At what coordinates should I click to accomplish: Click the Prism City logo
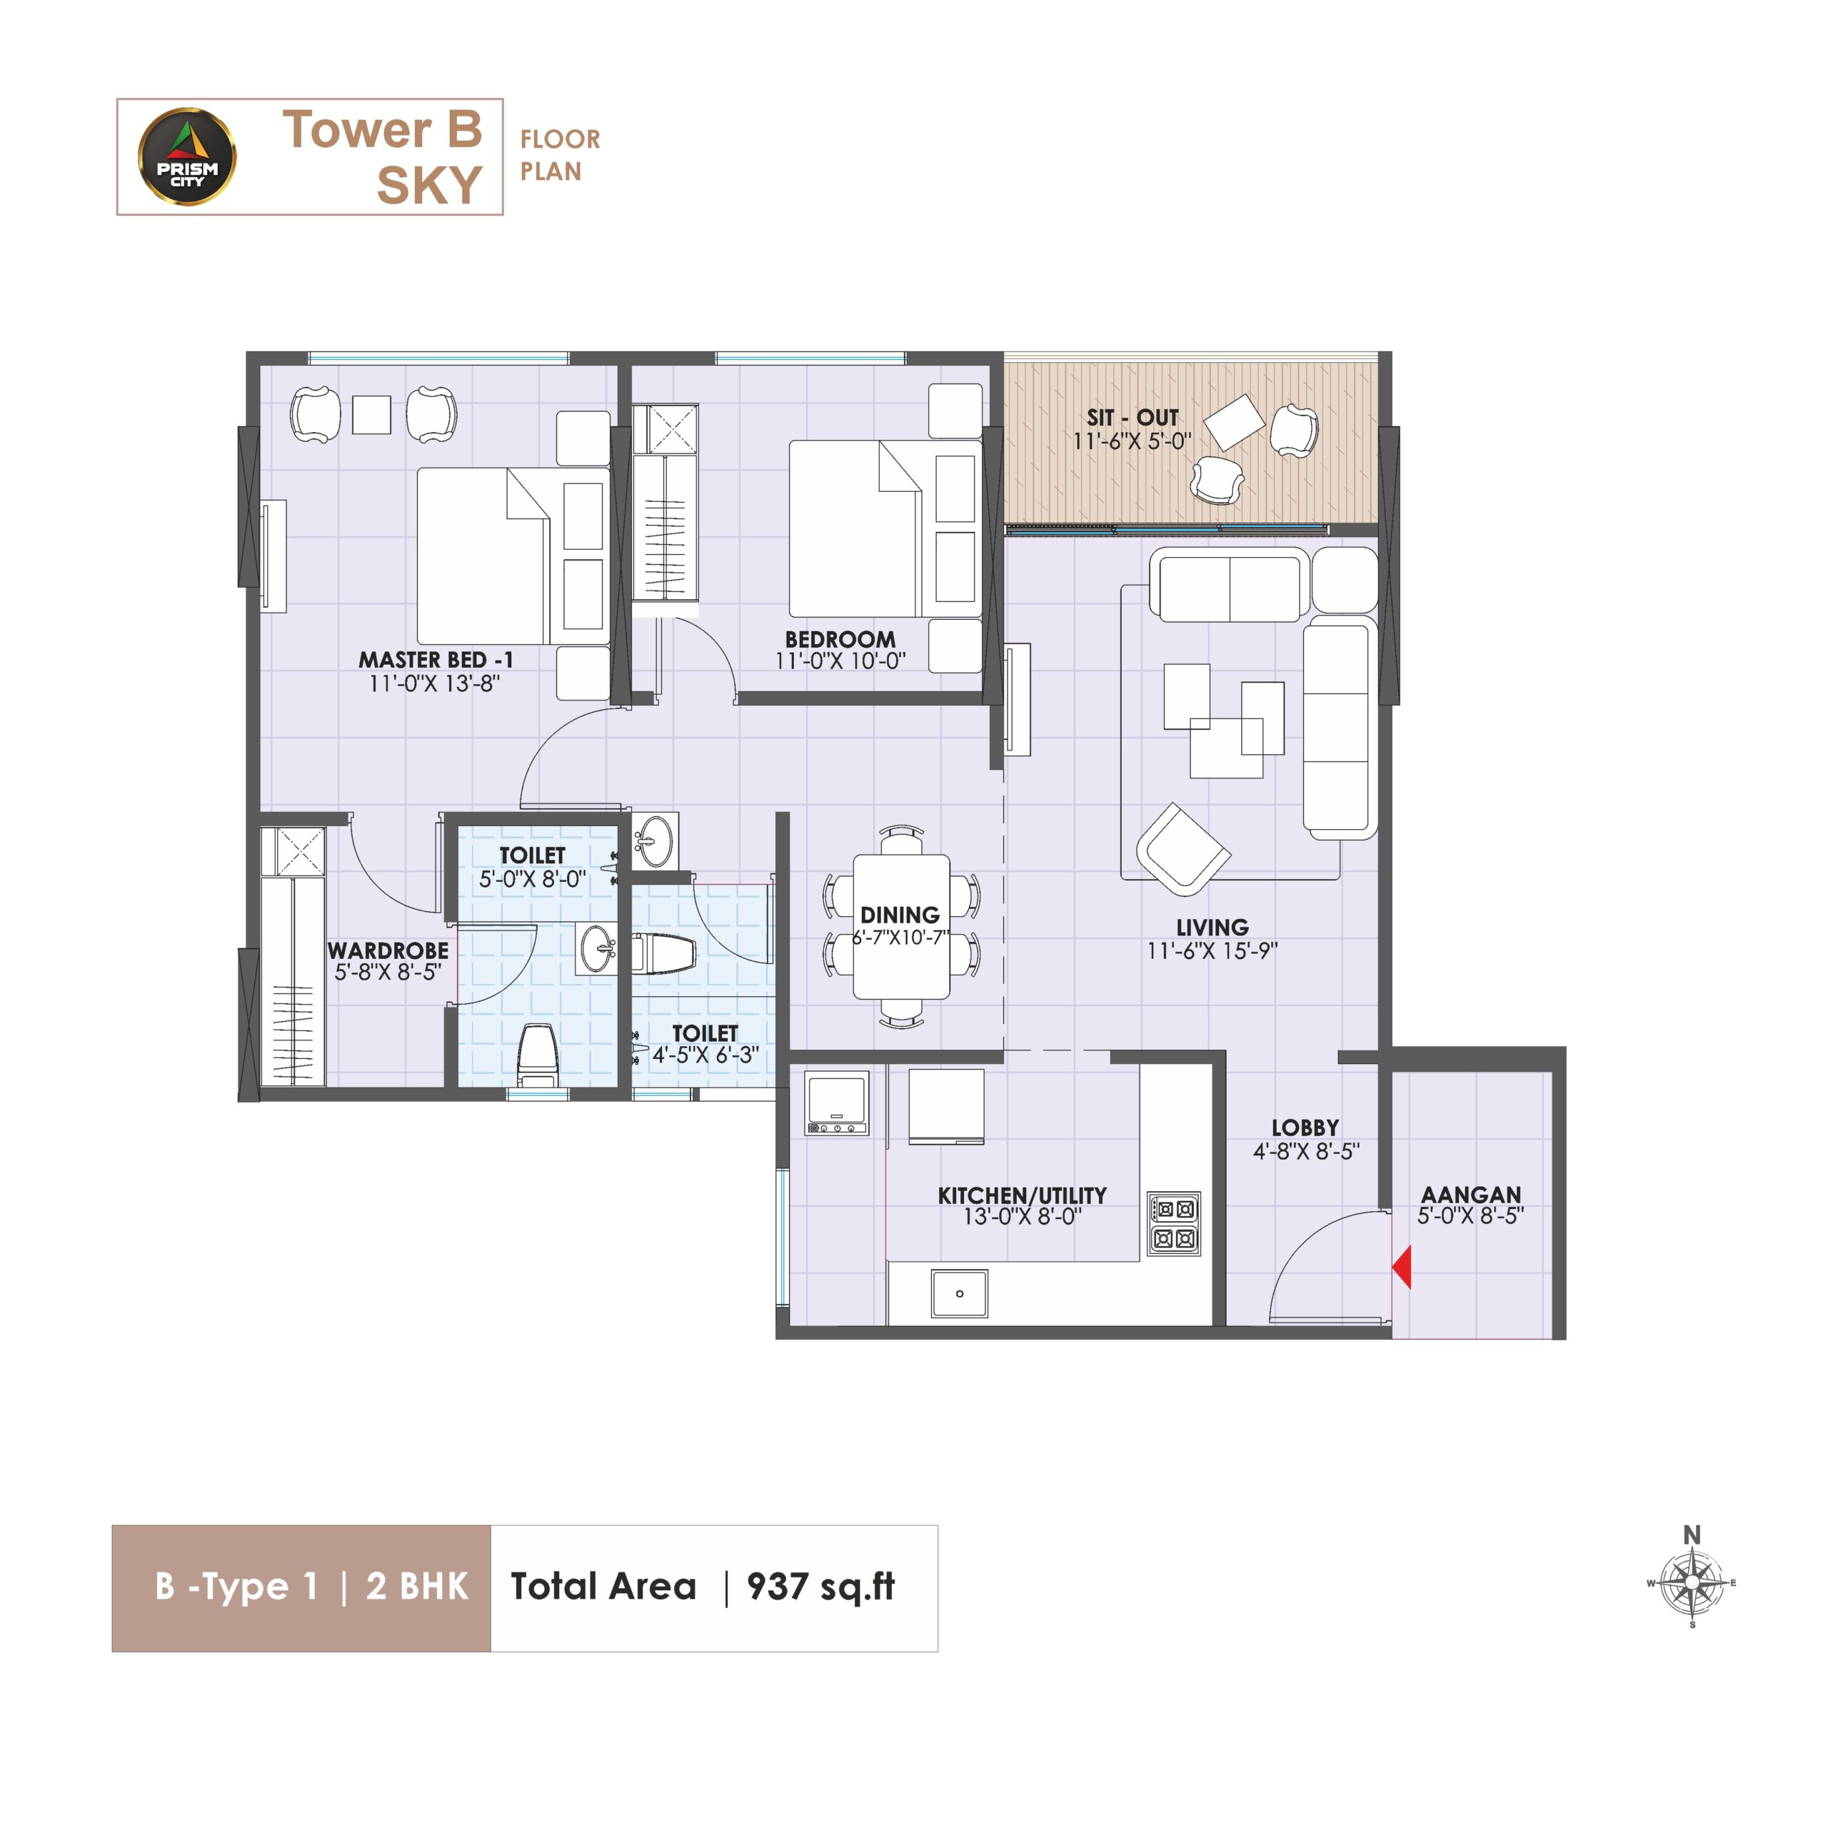click(x=186, y=157)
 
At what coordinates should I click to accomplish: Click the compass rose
click(x=1692, y=1583)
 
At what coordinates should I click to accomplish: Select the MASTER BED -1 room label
click(x=436, y=660)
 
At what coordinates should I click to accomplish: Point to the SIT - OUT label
click(x=1133, y=417)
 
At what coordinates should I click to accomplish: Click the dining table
click(x=902, y=926)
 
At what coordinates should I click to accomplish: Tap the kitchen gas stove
click(x=1174, y=1223)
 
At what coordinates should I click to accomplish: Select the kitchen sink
click(x=960, y=1293)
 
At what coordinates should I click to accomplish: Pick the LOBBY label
click(x=1306, y=1127)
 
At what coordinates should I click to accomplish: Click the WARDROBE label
click(x=388, y=950)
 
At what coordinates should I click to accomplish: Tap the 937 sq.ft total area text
click(x=820, y=1587)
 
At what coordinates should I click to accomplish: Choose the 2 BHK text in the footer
click(x=417, y=1587)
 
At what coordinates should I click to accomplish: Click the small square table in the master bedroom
click(x=372, y=414)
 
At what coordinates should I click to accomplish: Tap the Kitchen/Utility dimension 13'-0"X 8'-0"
click(x=1022, y=1217)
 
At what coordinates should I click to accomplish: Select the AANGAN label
click(x=1471, y=1194)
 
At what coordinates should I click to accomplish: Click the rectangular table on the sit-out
click(x=1235, y=421)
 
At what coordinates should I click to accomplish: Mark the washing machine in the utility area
click(x=836, y=1103)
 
